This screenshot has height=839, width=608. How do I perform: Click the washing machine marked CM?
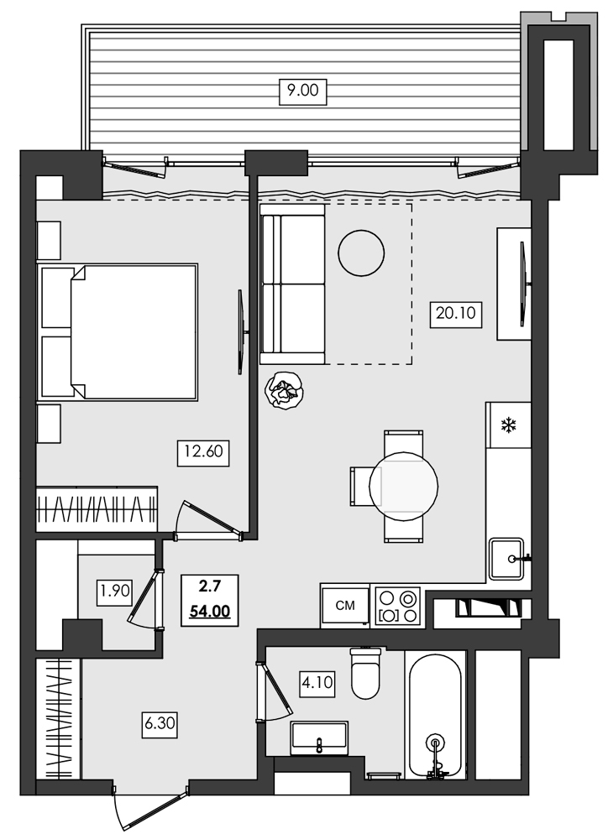(x=344, y=605)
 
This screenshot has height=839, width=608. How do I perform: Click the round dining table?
(x=405, y=486)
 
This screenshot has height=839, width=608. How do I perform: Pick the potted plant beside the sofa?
(x=285, y=390)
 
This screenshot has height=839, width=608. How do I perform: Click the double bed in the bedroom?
(x=126, y=331)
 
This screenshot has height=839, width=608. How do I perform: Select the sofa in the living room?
(x=292, y=285)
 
